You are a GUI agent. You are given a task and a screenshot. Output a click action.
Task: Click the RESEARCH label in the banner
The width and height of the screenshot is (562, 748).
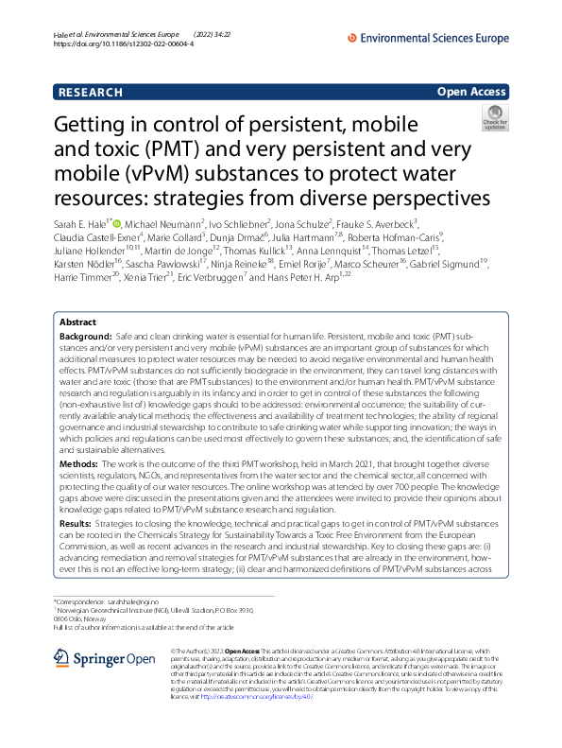(x=90, y=93)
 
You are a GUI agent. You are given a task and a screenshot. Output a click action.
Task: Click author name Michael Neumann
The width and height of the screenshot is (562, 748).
(x=164, y=223)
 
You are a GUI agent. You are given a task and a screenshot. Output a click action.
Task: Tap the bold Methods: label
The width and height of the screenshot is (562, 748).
(x=80, y=464)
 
